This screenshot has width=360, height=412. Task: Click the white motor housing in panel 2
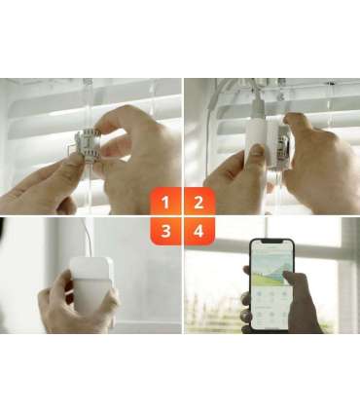click(x=257, y=141)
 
